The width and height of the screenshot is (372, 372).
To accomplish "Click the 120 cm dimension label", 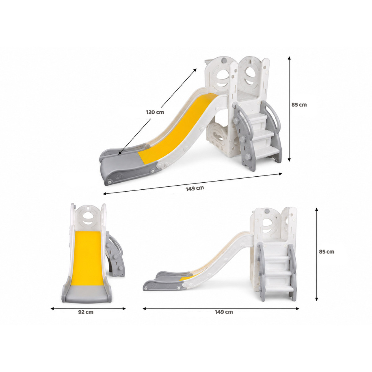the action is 155,112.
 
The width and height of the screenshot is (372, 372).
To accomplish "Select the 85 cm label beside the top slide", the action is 299,105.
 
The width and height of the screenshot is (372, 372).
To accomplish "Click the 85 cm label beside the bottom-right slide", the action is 326,252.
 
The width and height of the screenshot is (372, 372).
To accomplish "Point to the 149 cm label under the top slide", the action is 195,188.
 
